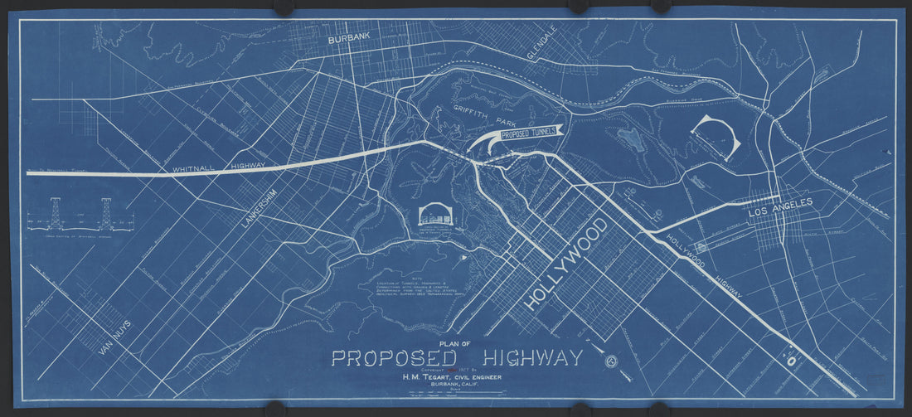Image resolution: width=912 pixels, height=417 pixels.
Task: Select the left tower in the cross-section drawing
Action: click(x=55, y=213)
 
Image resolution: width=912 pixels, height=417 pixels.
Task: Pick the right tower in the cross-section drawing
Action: click(x=106, y=213)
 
